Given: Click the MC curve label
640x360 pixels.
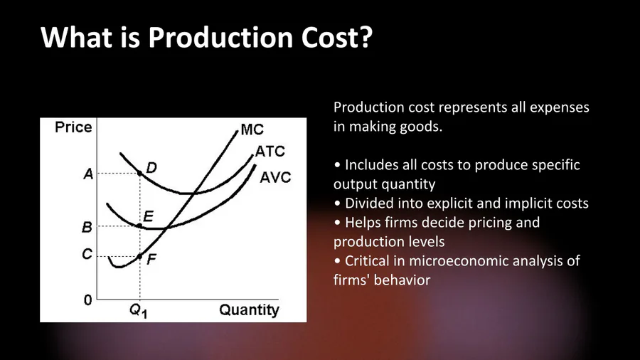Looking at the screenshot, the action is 252,129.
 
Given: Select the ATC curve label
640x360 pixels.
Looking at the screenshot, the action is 270,152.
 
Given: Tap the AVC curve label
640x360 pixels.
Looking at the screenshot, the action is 275,178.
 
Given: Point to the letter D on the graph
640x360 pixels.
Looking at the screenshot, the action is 151,167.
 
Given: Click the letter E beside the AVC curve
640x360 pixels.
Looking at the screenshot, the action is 148,216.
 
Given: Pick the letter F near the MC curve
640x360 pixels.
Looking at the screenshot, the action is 151,259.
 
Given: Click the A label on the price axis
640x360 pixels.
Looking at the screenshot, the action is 88,174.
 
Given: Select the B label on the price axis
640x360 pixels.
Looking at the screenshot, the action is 87,227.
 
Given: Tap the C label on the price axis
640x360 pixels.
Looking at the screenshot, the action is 87,254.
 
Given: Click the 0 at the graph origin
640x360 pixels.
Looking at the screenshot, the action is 87,300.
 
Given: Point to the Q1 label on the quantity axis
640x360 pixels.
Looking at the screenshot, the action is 139,311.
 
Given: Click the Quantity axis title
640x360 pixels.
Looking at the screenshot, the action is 249,309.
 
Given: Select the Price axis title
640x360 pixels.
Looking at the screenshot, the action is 73,127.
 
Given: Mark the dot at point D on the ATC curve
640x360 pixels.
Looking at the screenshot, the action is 139,174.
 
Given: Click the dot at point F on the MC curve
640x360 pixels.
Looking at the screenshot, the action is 139,256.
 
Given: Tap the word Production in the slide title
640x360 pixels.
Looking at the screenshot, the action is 220,38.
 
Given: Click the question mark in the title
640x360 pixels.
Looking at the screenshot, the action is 366,37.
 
